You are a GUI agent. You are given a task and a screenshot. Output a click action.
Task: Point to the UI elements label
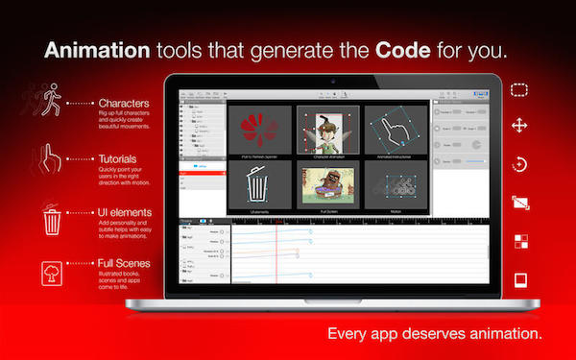[123, 209]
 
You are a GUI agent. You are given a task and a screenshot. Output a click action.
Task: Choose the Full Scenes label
[124, 262]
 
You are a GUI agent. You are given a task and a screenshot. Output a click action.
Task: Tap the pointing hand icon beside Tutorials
[52, 157]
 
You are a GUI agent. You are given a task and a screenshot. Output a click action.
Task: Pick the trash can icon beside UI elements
[52, 220]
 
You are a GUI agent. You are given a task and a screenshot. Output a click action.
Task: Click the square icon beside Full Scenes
[52, 273]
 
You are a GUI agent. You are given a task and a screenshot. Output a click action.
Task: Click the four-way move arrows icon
[520, 126]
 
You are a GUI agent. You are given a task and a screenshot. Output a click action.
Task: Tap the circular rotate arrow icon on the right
[520, 164]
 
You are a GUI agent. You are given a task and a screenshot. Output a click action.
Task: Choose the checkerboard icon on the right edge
[520, 241]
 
